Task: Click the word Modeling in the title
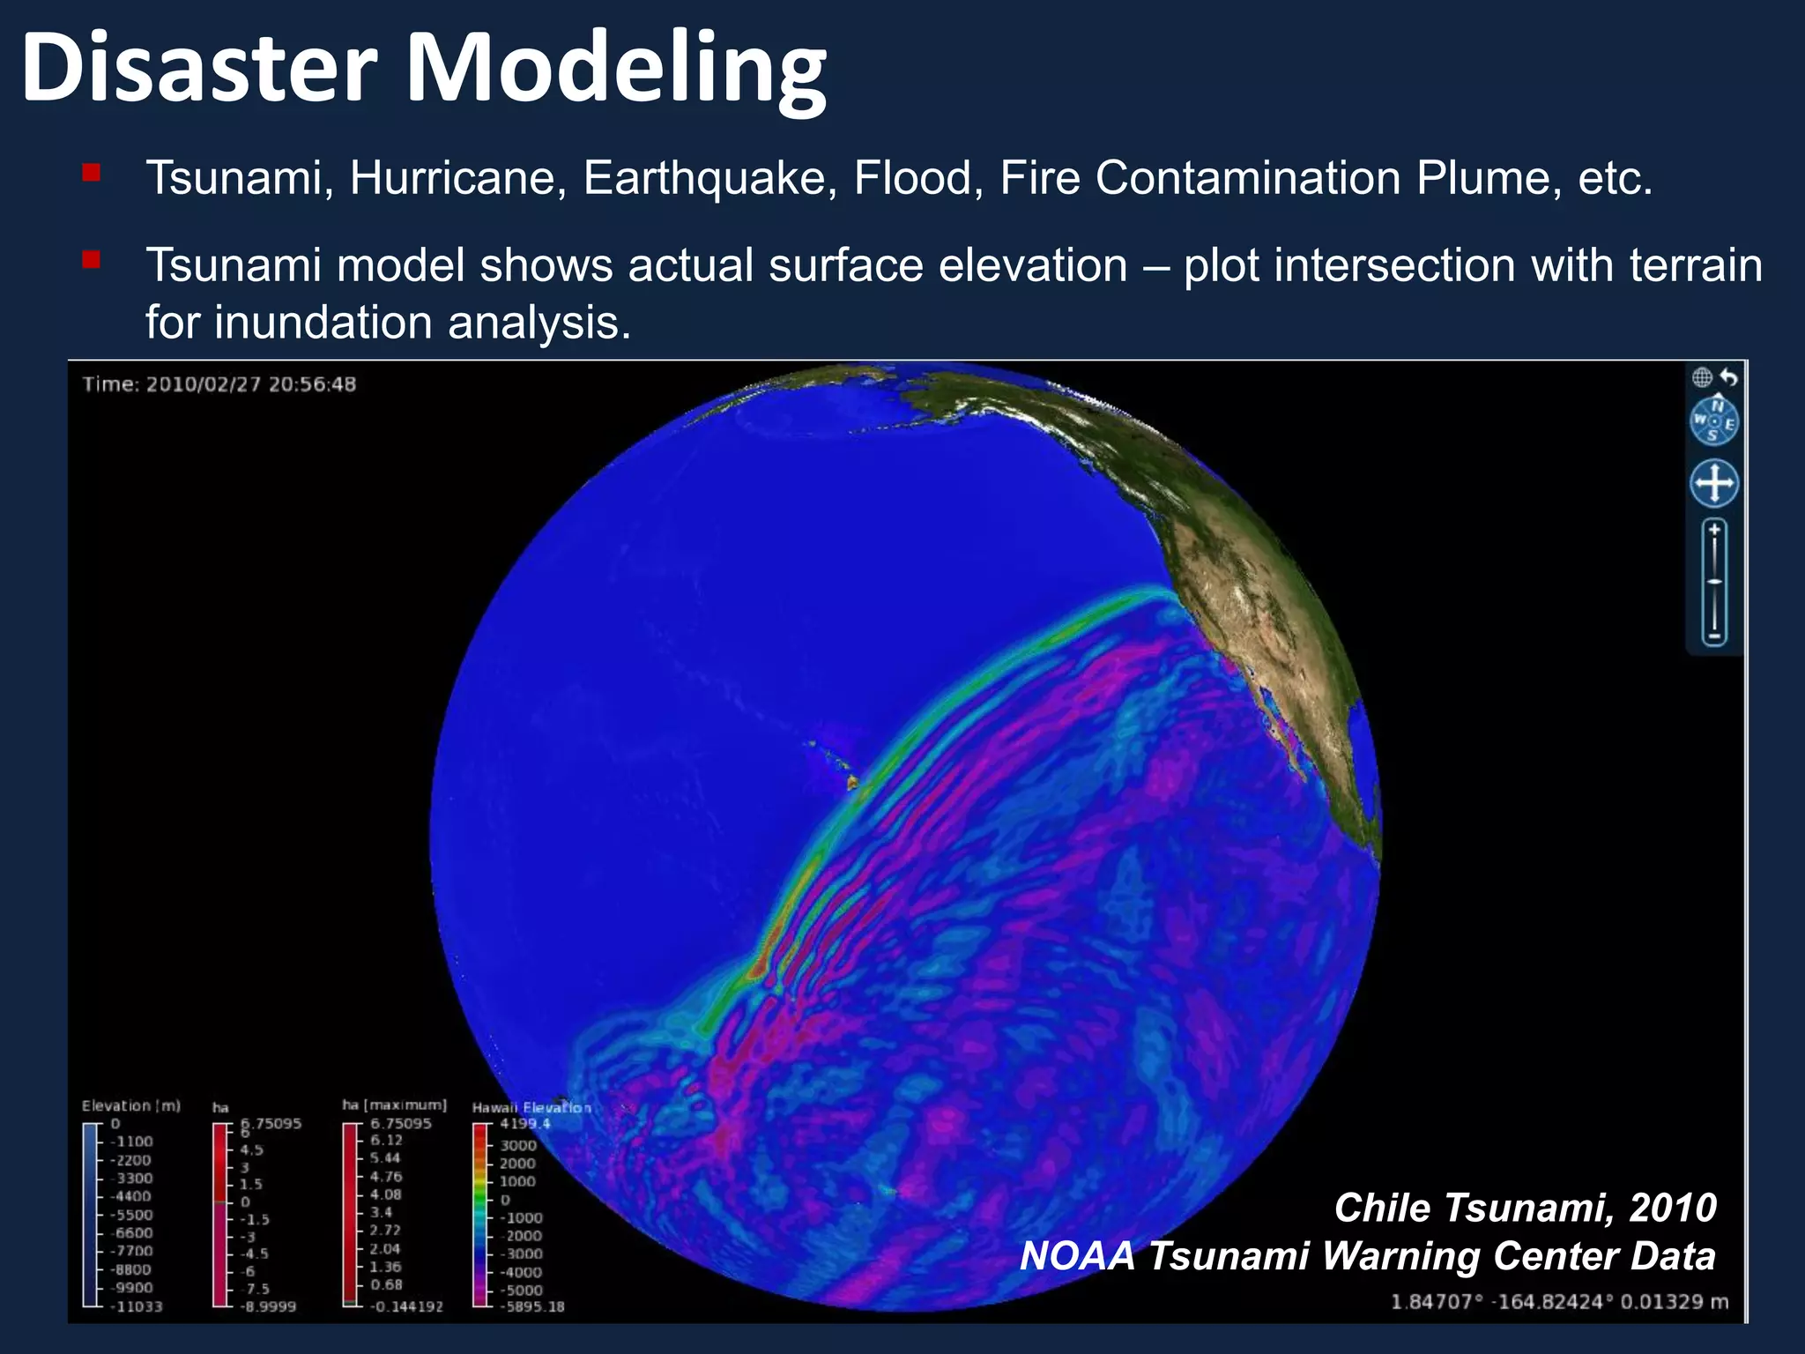click(x=615, y=71)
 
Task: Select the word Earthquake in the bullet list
click(x=709, y=178)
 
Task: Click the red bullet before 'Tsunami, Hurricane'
click(x=91, y=172)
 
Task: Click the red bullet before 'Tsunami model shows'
click(x=91, y=260)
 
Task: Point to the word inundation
click(x=323, y=323)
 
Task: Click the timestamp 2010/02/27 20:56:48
click(x=250, y=384)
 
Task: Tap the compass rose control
click(x=1714, y=421)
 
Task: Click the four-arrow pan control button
click(x=1714, y=483)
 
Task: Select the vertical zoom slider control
click(x=1714, y=583)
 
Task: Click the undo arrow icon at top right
click(x=1729, y=377)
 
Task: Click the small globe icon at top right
click(x=1702, y=377)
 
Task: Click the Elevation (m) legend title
click(x=130, y=1105)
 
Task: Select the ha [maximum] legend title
click(x=394, y=1105)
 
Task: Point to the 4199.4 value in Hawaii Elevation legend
click(x=524, y=1124)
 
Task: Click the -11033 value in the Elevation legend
click(x=136, y=1306)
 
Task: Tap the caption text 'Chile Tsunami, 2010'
click(x=1525, y=1208)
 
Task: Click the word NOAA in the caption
click(x=1077, y=1256)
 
